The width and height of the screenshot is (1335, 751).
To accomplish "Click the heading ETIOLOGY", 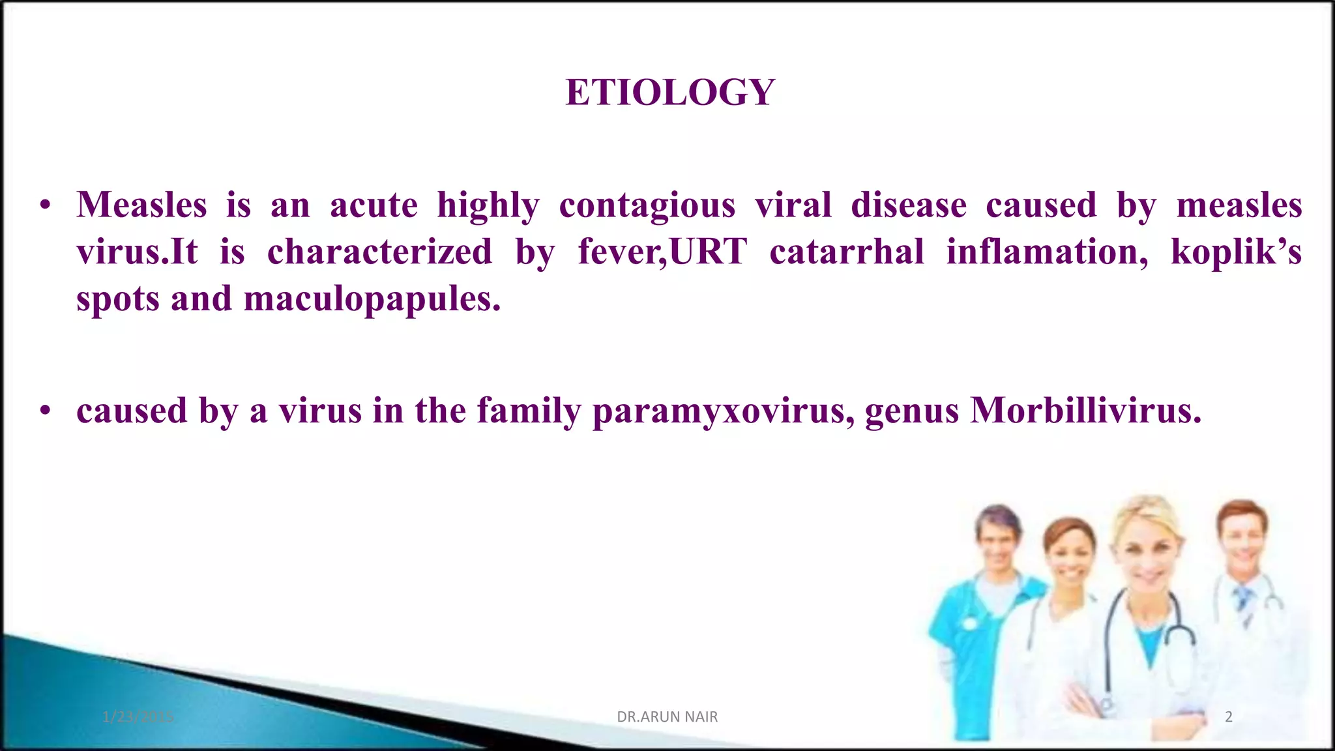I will [x=669, y=92].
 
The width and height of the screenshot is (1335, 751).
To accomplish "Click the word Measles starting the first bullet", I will [x=141, y=205].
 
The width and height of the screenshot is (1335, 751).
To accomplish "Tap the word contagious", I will [x=647, y=206].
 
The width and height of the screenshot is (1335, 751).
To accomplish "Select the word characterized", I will [x=379, y=252].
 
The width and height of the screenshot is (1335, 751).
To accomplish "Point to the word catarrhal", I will [x=846, y=252].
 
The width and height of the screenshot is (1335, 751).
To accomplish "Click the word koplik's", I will [x=1235, y=252].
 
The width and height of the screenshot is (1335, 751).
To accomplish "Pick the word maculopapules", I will [x=372, y=300].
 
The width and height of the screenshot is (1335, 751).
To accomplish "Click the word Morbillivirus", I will [x=1085, y=411].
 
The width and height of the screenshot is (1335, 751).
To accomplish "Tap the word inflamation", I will [x=1047, y=252].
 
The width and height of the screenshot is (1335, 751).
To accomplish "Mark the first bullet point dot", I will [x=45, y=206].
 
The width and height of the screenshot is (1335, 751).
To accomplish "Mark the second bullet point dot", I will [x=45, y=411].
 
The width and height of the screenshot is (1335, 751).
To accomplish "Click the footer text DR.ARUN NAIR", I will [x=667, y=717].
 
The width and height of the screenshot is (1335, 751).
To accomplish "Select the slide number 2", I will [x=1228, y=717].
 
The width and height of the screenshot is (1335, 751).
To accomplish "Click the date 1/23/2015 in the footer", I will [x=138, y=717].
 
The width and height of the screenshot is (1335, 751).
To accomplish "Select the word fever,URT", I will [x=662, y=252].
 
